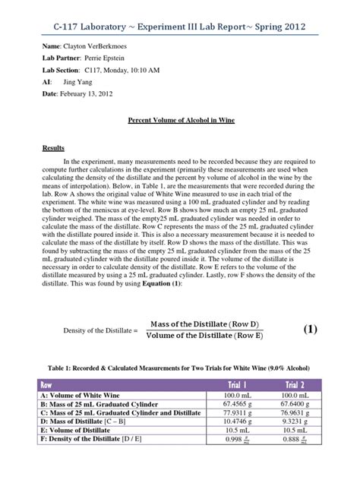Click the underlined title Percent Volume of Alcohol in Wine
179,122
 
